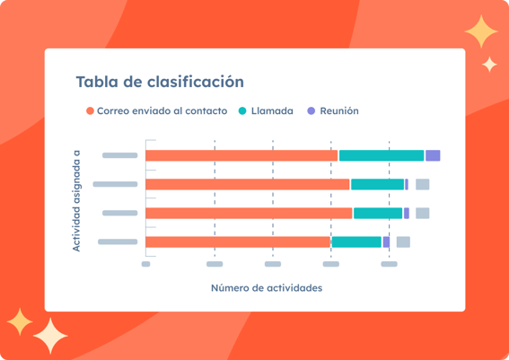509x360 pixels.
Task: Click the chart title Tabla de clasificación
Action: click(x=160, y=82)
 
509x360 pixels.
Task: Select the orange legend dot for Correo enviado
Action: click(x=90, y=110)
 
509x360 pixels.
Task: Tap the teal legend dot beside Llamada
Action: click(x=242, y=110)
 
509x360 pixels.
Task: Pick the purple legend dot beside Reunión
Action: click(x=311, y=110)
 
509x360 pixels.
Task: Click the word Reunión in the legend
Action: click(x=339, y=110)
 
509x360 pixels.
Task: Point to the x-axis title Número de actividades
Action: click(x=267, y=288)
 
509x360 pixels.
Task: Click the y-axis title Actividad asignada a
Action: click(x=76, y=200)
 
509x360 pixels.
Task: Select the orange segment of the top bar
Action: click(x=241, y=155)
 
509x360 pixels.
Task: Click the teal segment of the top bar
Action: click(x=382, y=155)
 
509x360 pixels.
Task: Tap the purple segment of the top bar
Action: click(x=433, y=155)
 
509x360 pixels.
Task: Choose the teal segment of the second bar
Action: click(x=377, y=184)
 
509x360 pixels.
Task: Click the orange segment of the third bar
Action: click(x=249, y=214)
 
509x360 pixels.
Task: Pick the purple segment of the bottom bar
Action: click(x=386, y=242)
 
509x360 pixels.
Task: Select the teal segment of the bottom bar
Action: click(x=356, y=242)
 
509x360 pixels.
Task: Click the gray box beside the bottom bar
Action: click(x=403, y=242)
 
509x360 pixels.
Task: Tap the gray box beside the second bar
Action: click(x=422, y=184)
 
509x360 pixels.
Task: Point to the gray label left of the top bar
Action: click(x=119, y=155)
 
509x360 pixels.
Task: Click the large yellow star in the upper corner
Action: click(x=481, y=31)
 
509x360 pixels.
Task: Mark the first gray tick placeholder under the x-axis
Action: click(x=145, y=264)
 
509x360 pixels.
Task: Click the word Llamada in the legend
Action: click(x=272, y=110)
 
